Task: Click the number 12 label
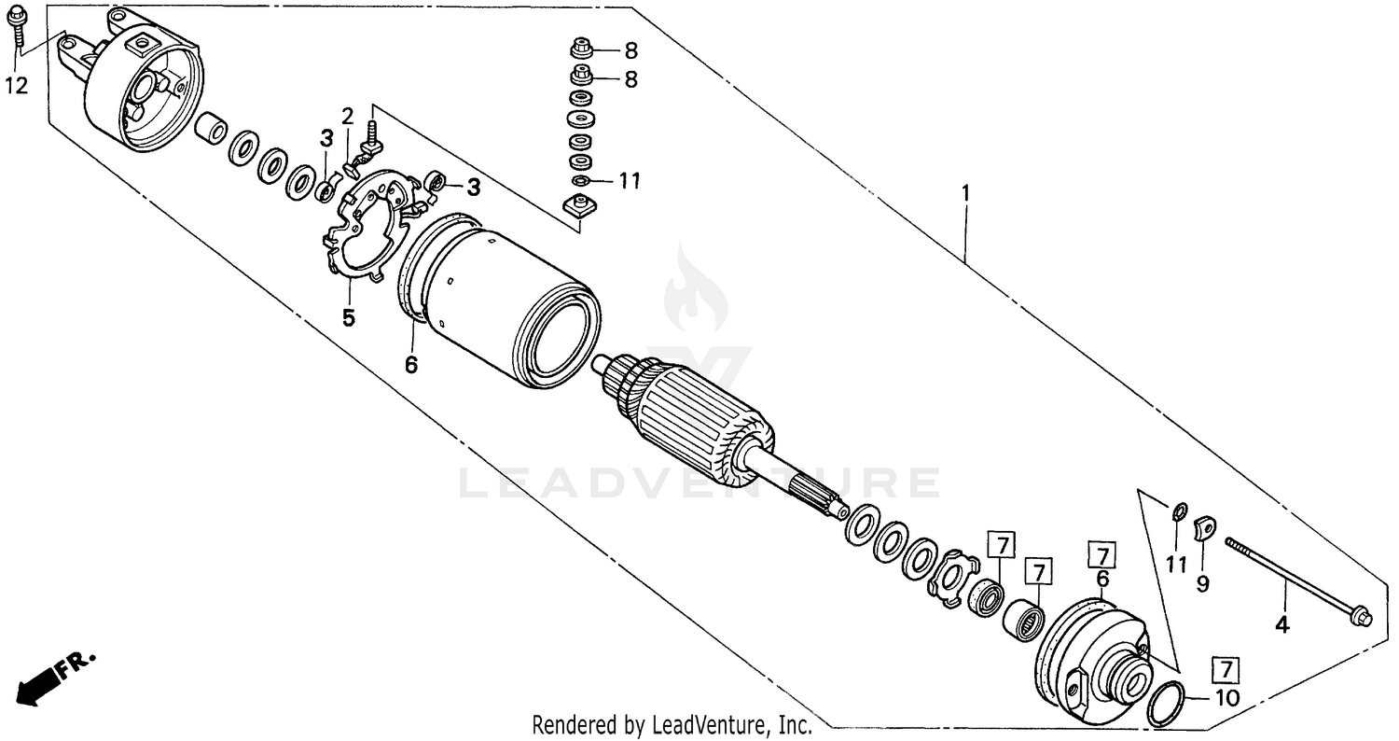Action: (17, 86)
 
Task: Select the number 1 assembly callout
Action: (966, 193)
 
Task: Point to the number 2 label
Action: (347, 117)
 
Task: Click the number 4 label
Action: (1282, 625)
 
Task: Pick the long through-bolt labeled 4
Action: (1296, 579)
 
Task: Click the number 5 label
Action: (348, 317)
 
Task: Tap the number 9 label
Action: (1203, 584)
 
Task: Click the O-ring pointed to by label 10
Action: (1166, 704)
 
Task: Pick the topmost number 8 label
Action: (630, 51)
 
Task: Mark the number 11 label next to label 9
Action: (1176, 565)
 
